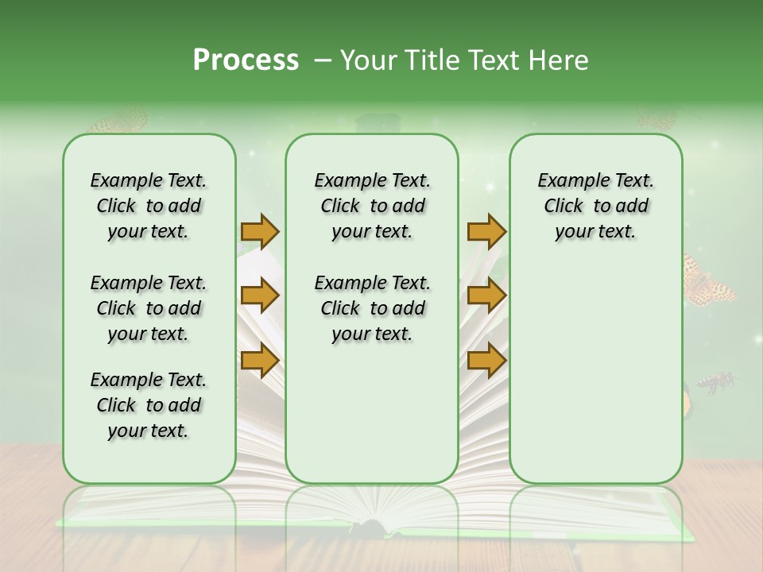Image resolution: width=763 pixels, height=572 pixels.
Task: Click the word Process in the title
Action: [246, 60]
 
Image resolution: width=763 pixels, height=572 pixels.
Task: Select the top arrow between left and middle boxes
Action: [260, 231]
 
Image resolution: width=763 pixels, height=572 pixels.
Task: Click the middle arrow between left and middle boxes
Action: [260, 296]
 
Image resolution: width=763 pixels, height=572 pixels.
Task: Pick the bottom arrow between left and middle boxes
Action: [260, 360]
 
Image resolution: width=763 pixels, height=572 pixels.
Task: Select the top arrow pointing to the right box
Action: [486, 231]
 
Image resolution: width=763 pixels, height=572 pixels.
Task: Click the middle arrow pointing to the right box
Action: [486, 296]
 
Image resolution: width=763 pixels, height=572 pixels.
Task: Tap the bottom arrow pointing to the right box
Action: [486, 360]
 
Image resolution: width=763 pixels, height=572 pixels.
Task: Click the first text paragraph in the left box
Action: [149, 206]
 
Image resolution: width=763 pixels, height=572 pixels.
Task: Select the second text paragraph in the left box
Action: [149, 308]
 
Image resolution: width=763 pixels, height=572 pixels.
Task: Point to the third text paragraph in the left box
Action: [149, 405]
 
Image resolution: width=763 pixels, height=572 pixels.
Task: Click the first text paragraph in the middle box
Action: [372, 206]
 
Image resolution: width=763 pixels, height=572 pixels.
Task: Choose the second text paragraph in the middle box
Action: [372, 308]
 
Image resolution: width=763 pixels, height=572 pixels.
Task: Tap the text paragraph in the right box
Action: [595, 206]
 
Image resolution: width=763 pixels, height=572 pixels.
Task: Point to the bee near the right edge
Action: [716, 383]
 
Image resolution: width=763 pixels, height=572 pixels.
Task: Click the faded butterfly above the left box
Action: [119, 120]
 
